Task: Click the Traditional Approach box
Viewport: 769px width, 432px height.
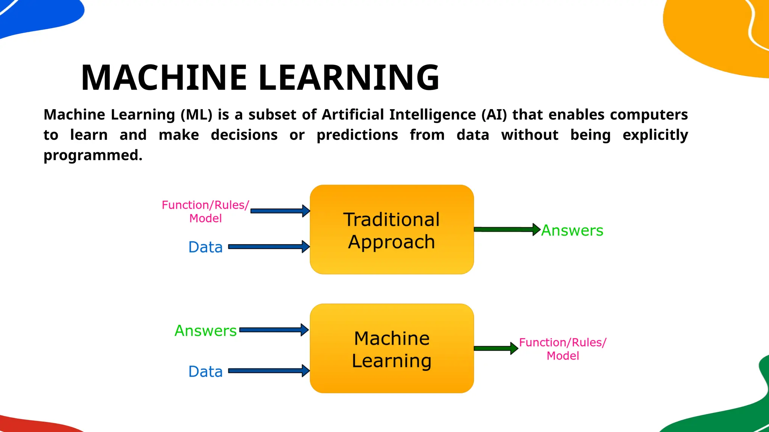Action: (x=392, y=229)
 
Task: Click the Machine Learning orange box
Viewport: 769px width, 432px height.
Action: (x=392, y=348)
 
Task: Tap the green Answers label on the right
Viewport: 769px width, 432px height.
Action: (x=572, y=230)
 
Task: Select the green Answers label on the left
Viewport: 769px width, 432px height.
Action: (x=206, y=331)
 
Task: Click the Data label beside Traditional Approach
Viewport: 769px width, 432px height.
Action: (x=205, y=247)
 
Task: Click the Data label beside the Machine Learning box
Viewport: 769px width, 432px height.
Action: (x=205, y=372)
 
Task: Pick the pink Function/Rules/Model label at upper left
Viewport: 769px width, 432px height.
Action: (x=205, y=211)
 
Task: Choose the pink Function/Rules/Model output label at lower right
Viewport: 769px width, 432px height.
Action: (x=562, y=349)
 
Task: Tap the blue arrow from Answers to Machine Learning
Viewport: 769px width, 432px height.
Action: (x=273, y=330)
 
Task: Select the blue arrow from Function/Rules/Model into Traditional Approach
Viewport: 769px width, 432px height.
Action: (x=279, y=211)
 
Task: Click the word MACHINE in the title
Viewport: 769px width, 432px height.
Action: (x=164, y=78)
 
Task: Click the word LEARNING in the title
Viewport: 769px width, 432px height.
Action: (x=349, y=78)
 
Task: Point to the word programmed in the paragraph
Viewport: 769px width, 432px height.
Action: (x=93, y=155)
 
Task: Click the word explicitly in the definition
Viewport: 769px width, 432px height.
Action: (x=655, y=135)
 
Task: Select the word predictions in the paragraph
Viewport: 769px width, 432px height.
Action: (x=357, y=135)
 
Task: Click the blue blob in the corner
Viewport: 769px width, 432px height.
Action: (x=38, y=15)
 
